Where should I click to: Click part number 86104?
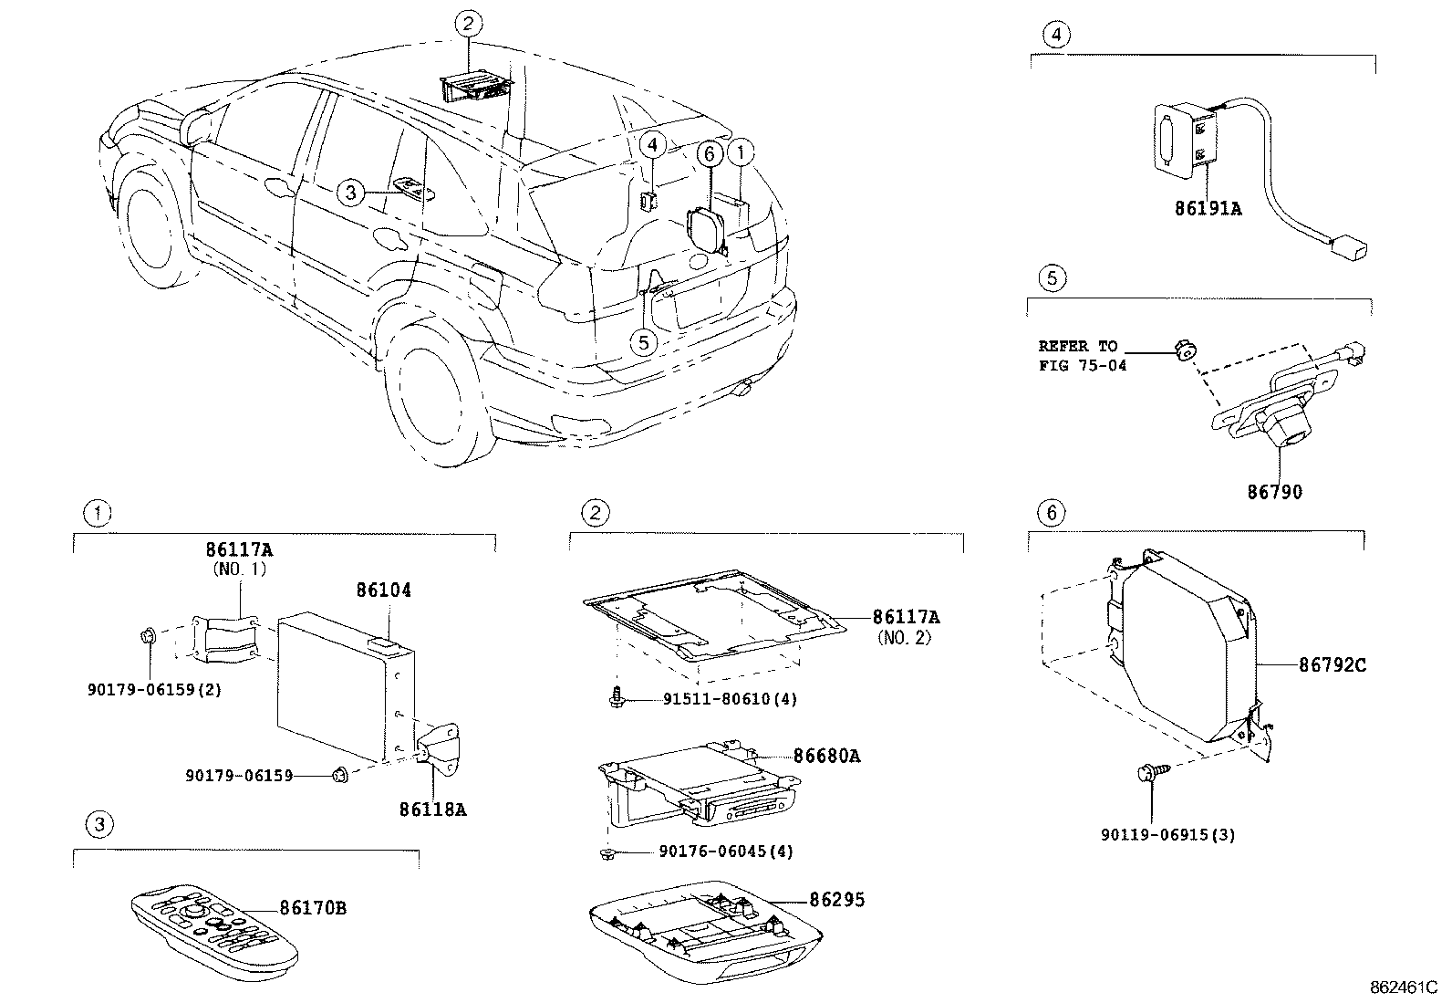pyautogui.click(x=383, y=591)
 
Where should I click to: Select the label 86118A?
pyautogui.click(x=432, y=809)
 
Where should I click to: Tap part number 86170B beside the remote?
pyautogui.click(x=313, y=908)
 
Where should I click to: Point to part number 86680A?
pyautogui.click(x=826, y=756)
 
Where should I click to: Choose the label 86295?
pyautogui.click(x=837, y=900)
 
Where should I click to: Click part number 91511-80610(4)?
pyautogui.click(x=726, y=700)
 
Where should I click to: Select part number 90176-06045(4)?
pyautogui.click(x=726, y=852)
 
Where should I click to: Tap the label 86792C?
pyautogui.click(x=1333, y=665)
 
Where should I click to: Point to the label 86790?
pyautogui.click(x=1275, y=492)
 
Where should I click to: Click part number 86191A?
pyautogui.click(x=1208, y=208)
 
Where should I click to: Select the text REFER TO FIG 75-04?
pyautogui.click(x=1082, y=356)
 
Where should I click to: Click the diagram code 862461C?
pyautogui.click(x=1403, y=987)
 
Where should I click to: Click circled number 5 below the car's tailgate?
pyautogui.click(x=644, y=342)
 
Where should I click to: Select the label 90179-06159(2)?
pyautogui.click(x=154, y=690)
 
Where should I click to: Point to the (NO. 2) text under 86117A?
pyautogui.click(x=905, y=638)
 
